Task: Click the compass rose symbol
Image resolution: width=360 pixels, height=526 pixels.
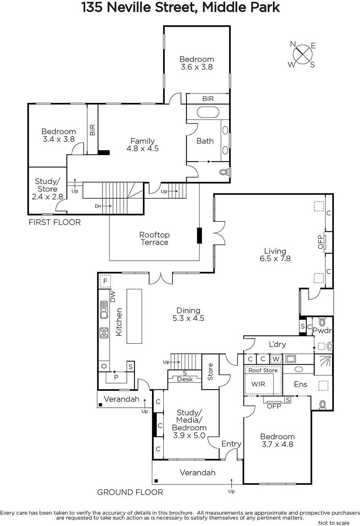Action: pyautogui.click(x=303, y=55)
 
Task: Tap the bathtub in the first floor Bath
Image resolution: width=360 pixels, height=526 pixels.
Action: pyautogui.click(x=208, y=112)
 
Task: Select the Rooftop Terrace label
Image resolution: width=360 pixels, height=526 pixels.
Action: pyautogui.click(x=154, y=239)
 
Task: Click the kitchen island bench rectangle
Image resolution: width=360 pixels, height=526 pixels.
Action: pyautogui.click(x=134, y=316)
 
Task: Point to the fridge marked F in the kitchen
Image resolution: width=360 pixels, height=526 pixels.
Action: pyautogui.click(x=105, y=281)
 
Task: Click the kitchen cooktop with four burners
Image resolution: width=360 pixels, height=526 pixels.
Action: pyautogui.click(x=104, y=333)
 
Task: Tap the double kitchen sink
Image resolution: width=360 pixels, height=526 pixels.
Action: pyautogui.click(x=104, y=310)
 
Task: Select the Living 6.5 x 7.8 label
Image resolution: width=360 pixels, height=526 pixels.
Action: pyautogui.click(x=275, y=255)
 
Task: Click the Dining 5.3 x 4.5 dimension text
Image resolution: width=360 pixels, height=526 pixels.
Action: pyautogui.click(x=189, y=318)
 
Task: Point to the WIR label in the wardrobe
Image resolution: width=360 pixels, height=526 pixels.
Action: pyautogui.click(x=258, y=384)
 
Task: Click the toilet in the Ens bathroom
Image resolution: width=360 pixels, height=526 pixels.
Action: pyautogui.click(x=323, y=404)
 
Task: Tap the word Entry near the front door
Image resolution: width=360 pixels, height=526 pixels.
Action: pyautogui.click(x=231, y=443)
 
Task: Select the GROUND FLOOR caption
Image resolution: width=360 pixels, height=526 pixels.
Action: pyautogui.click(x=130, y=492)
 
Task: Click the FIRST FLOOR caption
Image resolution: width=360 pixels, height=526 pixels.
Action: pyautogui.click(x=55, y=222)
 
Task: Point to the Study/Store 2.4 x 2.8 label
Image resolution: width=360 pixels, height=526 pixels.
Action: pyautogui.click(x=47, y=189)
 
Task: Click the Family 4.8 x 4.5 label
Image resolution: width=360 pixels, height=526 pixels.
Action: pyautogui.click(x=143, y=145)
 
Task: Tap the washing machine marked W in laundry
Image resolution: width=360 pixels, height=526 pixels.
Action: pyautogui.click(x=276, y=359)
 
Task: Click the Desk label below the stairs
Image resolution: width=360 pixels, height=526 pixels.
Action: pyautogui.click(x=185, y=379)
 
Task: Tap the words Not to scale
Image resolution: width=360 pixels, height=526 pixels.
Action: pyautogui.click(x=334, y=523)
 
